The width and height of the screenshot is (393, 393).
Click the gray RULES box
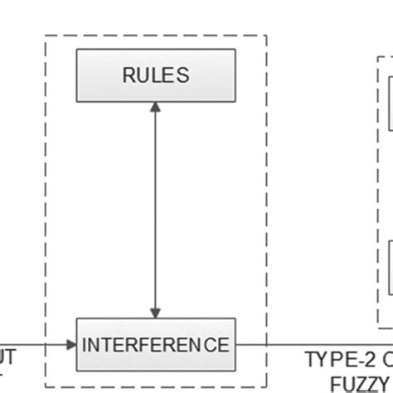(156, 75)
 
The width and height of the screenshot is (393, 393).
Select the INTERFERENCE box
(156, 343)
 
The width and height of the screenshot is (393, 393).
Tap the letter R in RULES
(129, 75)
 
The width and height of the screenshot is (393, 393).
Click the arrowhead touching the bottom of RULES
(156, 108)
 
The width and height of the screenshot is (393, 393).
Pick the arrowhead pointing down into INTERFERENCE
(156, 311)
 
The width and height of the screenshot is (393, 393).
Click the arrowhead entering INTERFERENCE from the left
(70, 343)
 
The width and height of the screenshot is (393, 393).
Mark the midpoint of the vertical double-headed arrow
(156, 209)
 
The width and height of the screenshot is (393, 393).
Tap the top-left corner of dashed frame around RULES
(45, 36)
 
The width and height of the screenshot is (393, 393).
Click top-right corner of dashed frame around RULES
(267, 36)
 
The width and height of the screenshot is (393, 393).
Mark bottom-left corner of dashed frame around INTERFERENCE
(45, 386)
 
